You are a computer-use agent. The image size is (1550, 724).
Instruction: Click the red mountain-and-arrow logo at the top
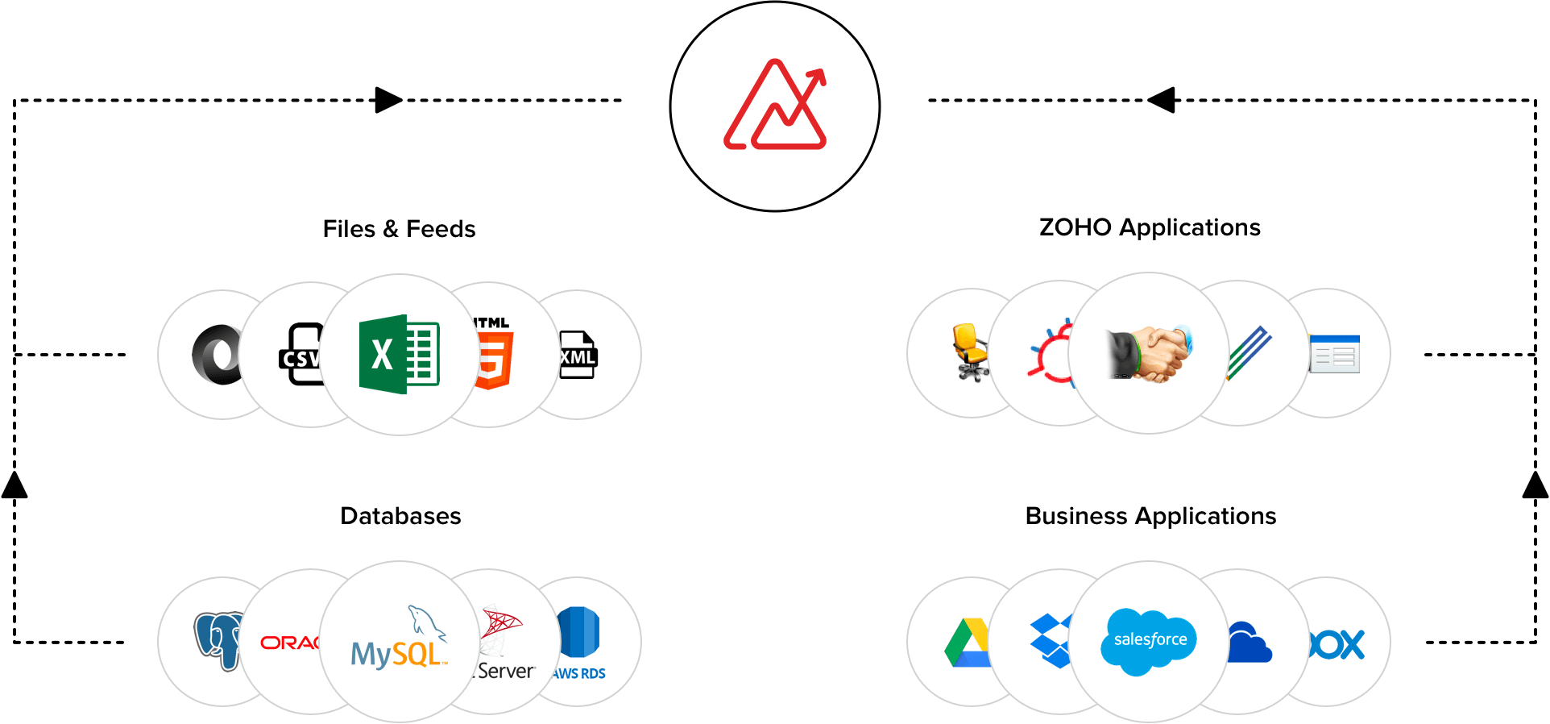click(x=775, y=106)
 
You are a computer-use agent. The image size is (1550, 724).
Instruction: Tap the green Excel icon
click(x=399, y=354)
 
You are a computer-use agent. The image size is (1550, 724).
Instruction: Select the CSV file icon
click(x=301, y=355)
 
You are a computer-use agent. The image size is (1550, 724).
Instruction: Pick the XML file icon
click(x=578, y=355)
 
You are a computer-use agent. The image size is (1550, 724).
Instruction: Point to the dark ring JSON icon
click(x=216, y=355)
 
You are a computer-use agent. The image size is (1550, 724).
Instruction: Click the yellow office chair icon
click(x=970, y=352)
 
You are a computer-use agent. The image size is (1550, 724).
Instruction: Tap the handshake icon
click(x=1149, y=354)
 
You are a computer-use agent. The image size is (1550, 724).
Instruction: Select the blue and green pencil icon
click(x=1248, y=353)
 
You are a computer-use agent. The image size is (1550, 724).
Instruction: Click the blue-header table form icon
click(x=1334, y=354)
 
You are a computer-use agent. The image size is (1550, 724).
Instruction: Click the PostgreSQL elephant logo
click(x=218, y=640)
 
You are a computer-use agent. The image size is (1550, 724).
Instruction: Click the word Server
click(x=505, y=671)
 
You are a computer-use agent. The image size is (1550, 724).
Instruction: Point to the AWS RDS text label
click(x=579, y=673)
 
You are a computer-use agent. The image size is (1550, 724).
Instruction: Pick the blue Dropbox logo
click(x=1051, y=640)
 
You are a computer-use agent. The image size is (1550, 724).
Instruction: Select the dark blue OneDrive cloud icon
click(x=1249, y=643)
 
